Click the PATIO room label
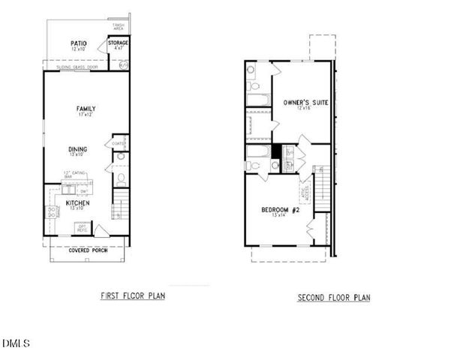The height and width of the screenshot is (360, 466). pos(78,43)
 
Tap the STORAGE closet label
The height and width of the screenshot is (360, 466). pos(119,43)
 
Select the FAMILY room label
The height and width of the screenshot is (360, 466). pos(86,109)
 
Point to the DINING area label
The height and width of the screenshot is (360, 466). pos(78,149)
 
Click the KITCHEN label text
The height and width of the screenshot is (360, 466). pos(78,202)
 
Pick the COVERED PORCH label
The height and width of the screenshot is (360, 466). pos(88,250)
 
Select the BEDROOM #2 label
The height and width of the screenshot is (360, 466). pos(281,209)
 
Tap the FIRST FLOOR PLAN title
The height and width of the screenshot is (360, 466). pos(133,295)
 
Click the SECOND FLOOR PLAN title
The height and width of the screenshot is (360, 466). pos(334,298)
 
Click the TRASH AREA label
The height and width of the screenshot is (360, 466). pos(119,27)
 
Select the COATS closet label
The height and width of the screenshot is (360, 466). pos(118,143)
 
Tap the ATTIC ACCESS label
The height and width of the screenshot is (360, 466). pos(304,193)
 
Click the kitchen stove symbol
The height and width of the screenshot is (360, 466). pos(53,211)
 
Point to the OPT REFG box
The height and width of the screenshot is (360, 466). pos(82,226)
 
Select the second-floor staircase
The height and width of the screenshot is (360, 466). pos(320,183)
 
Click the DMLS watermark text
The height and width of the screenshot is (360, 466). pos(15,344)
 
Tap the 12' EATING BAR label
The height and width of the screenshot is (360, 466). pos(72,174)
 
